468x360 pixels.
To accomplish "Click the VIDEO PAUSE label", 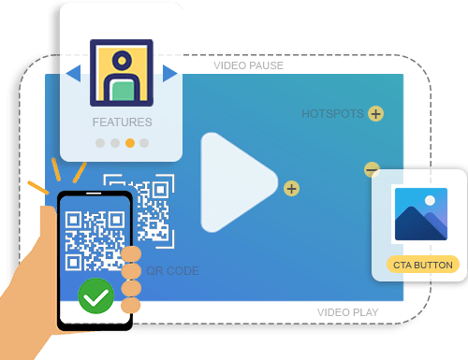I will coord(248,65).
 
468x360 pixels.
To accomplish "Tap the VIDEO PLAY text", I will coord(347,312).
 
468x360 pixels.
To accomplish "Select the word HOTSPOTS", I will coord(332,114).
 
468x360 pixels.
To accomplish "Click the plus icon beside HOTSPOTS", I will coord(375,114).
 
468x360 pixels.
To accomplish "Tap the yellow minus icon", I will coord(372,169).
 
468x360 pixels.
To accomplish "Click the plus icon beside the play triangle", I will coord(291,189).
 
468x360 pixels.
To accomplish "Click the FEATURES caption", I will coord(122,122).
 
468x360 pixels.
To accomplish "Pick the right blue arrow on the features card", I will coord(169,73).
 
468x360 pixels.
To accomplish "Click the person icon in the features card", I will coord(122,72).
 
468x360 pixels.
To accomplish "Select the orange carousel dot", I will coord(130,143).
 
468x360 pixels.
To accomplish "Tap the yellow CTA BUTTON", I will coord(423,265).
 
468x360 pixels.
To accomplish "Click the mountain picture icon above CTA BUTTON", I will coord(420,215).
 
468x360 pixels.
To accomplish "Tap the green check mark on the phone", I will coord(95,297).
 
